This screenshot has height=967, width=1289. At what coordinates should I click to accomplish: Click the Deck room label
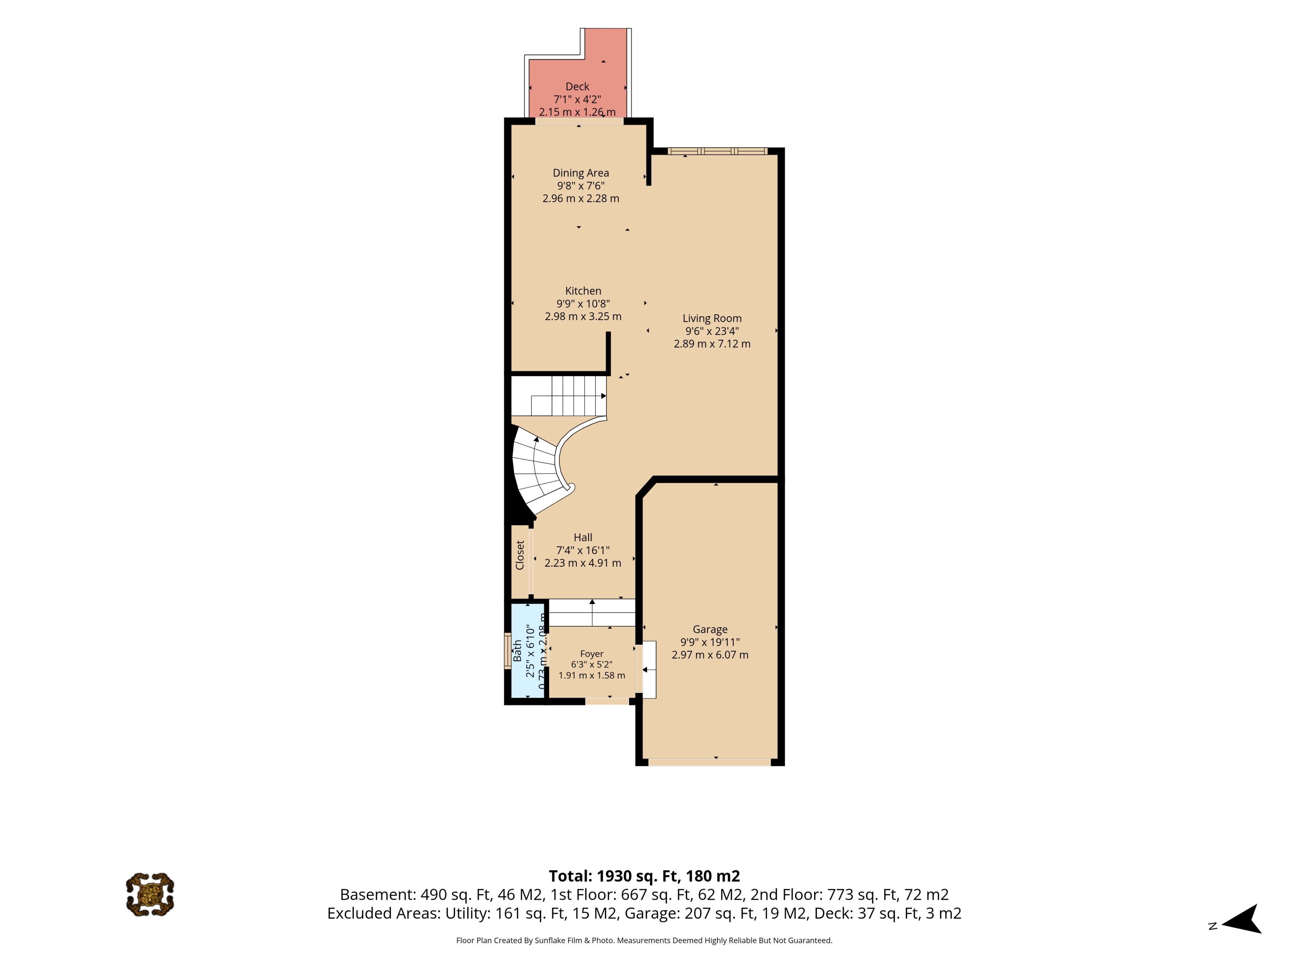click(x=577, y=86)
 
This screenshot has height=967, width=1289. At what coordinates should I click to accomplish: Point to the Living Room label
click(x=712, y=318)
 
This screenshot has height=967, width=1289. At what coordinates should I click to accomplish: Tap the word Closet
click(x=520, y=555)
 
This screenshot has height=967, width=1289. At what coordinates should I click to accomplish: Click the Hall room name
click(x=583, y=538)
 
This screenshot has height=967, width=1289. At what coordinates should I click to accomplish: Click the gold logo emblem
click(x=150, y=894)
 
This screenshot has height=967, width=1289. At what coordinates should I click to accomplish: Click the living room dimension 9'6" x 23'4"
click(x=712, y=331)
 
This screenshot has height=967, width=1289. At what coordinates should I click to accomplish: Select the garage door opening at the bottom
click(x=710, y=762)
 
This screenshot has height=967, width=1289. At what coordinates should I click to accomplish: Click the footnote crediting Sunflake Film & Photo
click(x=644, y=940)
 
